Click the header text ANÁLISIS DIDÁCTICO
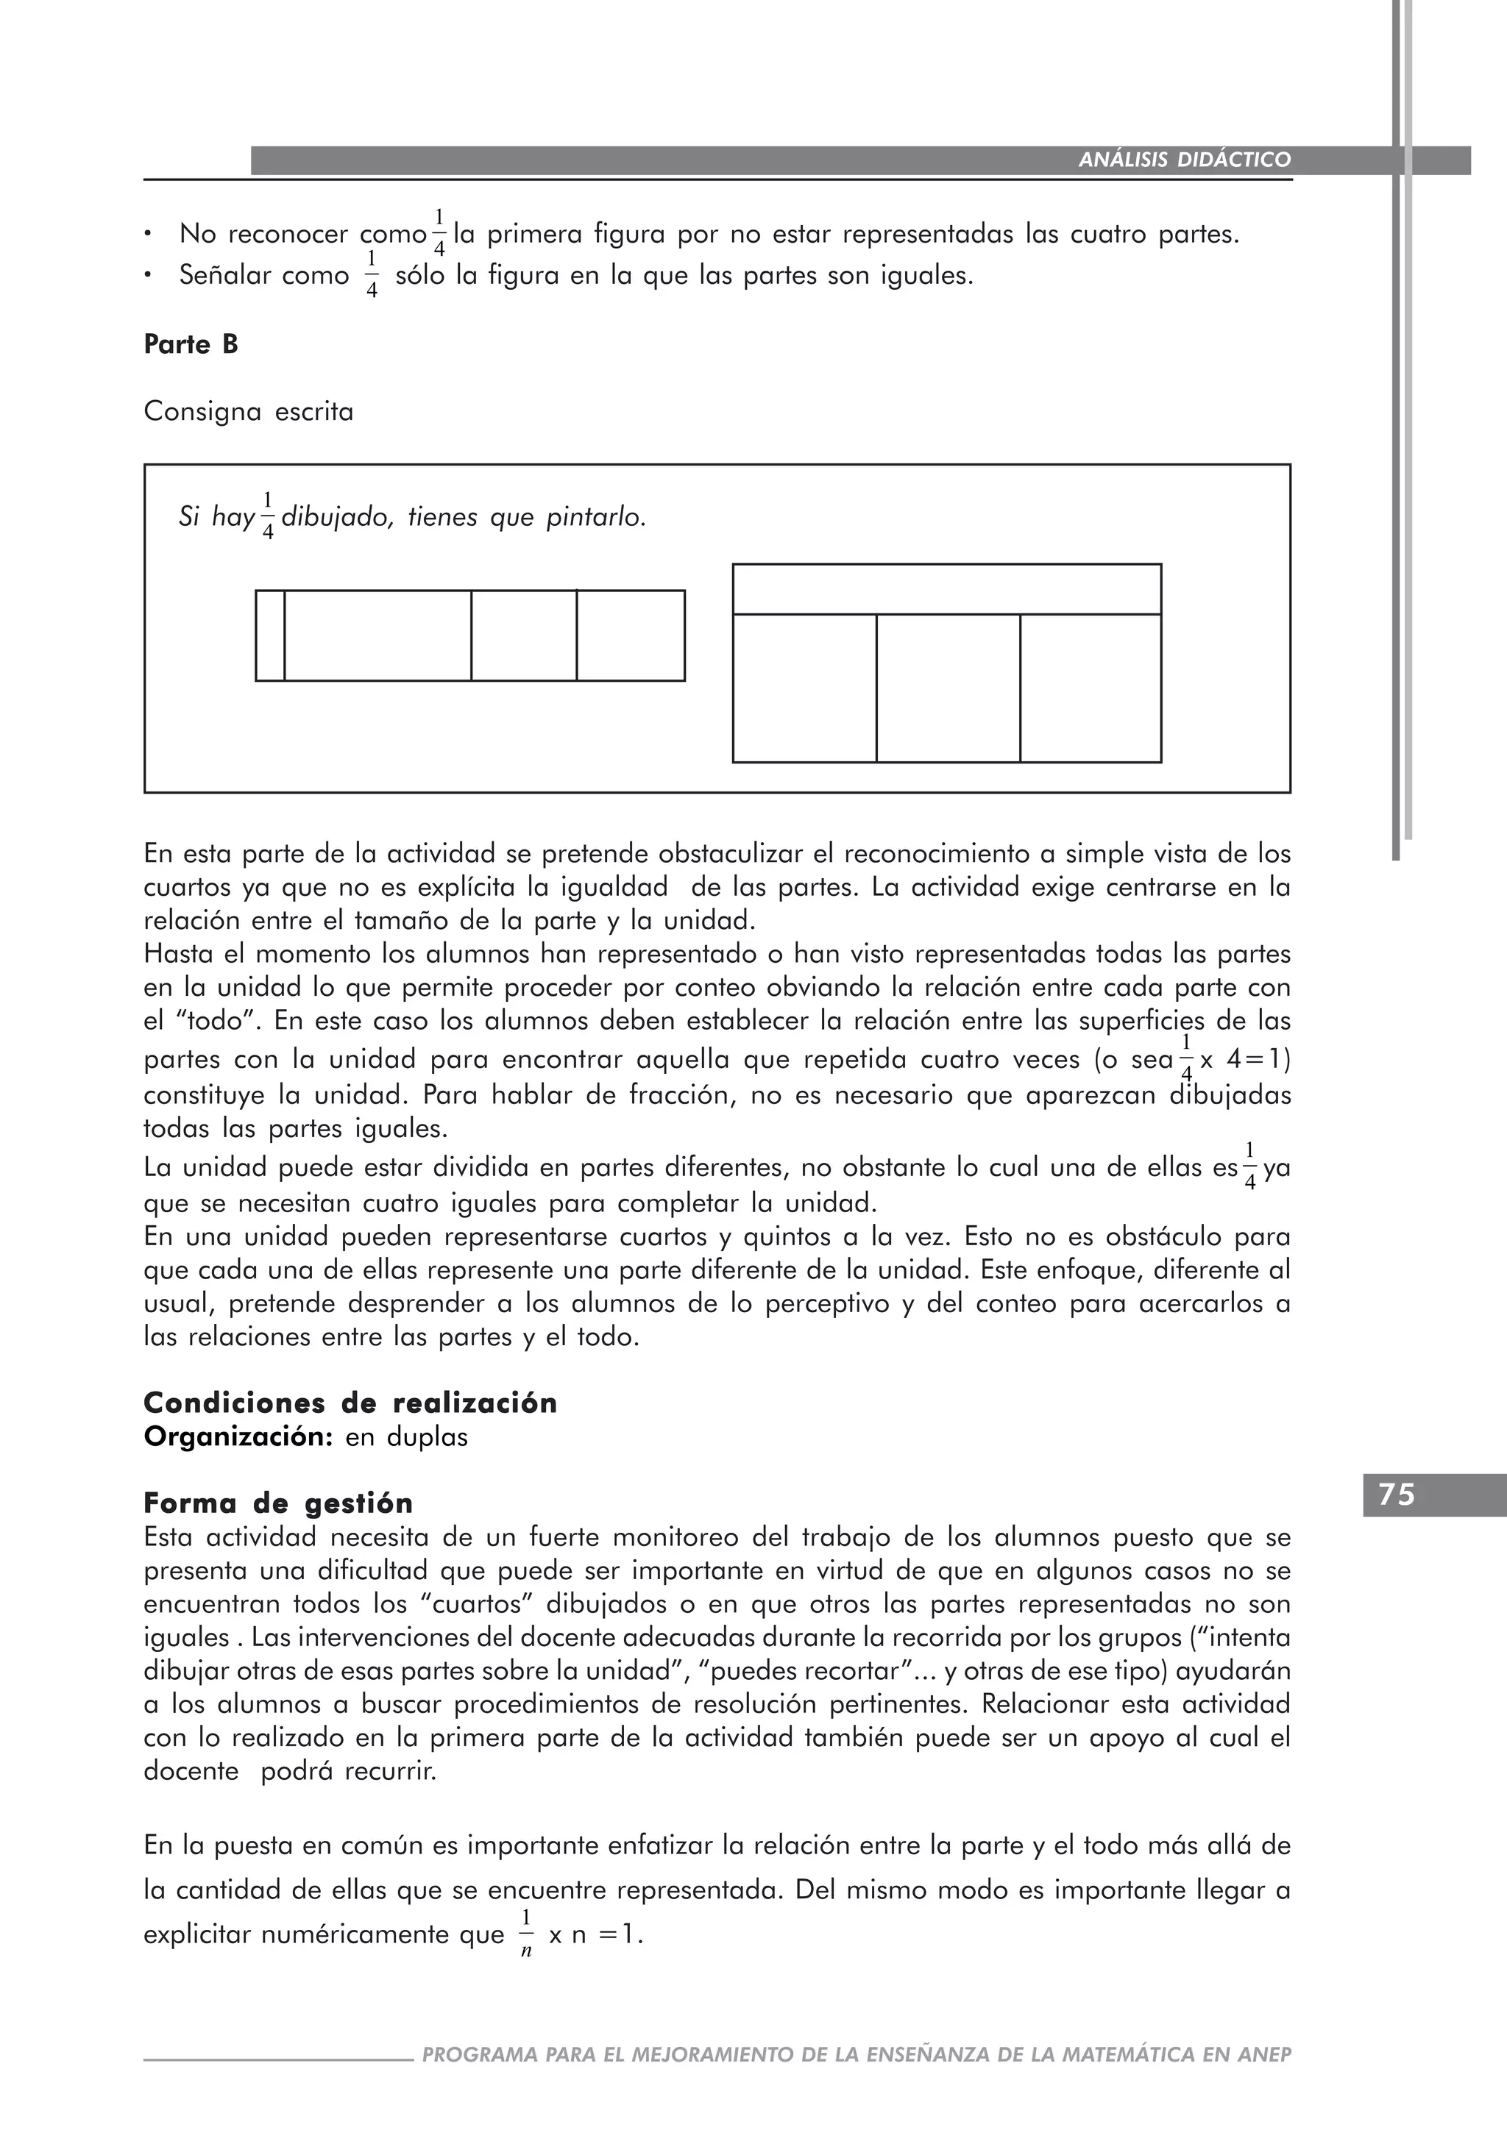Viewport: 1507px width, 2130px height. pyautogui.click(x=1184, y=160)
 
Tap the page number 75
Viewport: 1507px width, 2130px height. pyautogui.click(x=1397, y=1495)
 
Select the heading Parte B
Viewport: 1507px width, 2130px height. pyautogui.click(x=191, y=345)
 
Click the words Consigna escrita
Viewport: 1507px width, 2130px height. pyautogui.click(x=249, y=412)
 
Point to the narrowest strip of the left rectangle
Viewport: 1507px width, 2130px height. pyautogui.click(x=270, y=635)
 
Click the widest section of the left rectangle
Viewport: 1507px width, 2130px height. pyautogui.click(x=377, y=635)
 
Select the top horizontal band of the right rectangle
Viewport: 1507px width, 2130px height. pyautogui.click(x=946, y=589)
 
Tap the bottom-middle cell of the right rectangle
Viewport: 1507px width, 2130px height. pyautogui.click(x=948, y=688)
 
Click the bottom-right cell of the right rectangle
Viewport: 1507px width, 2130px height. pyautogui.click(x=1091, y=688)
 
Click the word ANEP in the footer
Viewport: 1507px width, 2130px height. pyautogui.click(x=1264, y=2055)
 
